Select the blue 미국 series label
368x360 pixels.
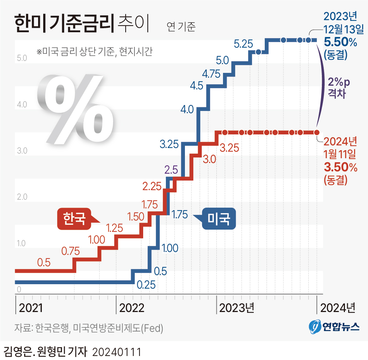point(219,219)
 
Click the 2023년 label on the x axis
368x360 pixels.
point(237,308)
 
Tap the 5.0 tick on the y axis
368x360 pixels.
point(22,58)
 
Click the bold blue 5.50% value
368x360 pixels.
point(341,43)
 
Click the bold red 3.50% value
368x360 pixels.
point(341,167)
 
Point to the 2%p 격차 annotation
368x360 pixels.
point(339,87)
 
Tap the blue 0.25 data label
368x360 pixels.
point(146,284)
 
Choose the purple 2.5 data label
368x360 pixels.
point(171,170)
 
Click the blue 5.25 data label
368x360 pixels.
point(244,44)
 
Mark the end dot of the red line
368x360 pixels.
point(317,132)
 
